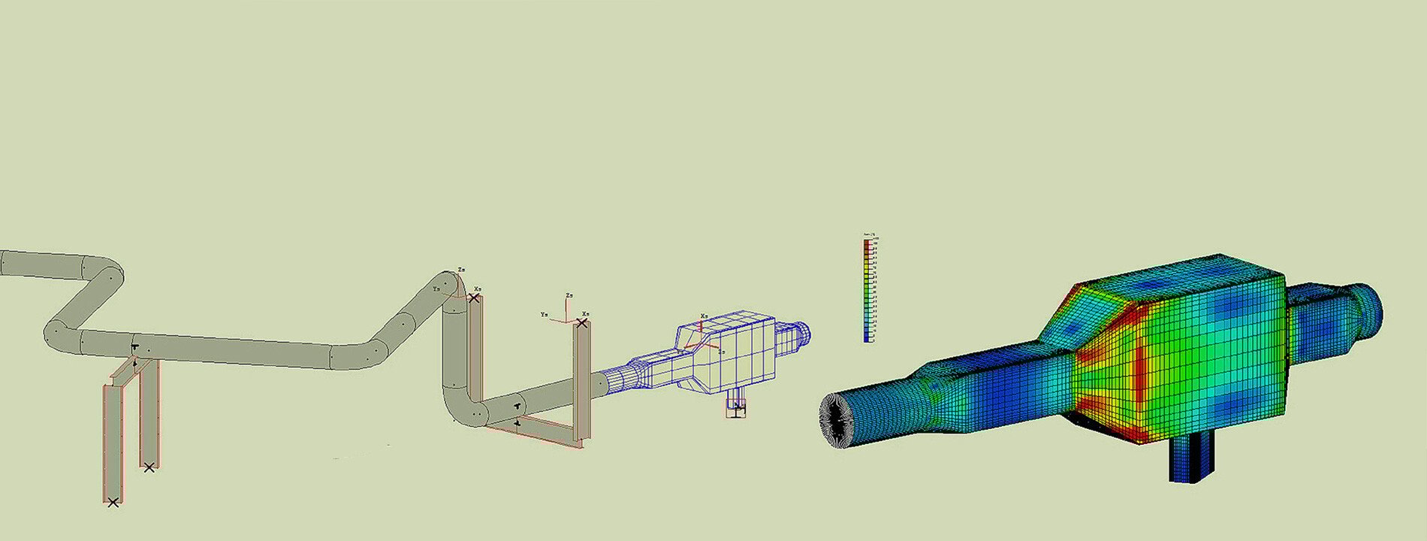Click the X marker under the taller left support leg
point(113,502)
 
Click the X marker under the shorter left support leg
point(149,467)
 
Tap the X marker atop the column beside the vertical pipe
point(473,298)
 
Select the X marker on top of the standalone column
point(581,323)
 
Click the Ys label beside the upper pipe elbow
point(436,288)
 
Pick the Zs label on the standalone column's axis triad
point(569,295)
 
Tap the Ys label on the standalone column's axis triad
point(545,314)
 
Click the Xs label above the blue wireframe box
point(704,316)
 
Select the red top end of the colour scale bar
point(868,245)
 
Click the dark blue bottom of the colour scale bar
point(868,338)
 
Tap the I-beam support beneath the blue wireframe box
point(735,407)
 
